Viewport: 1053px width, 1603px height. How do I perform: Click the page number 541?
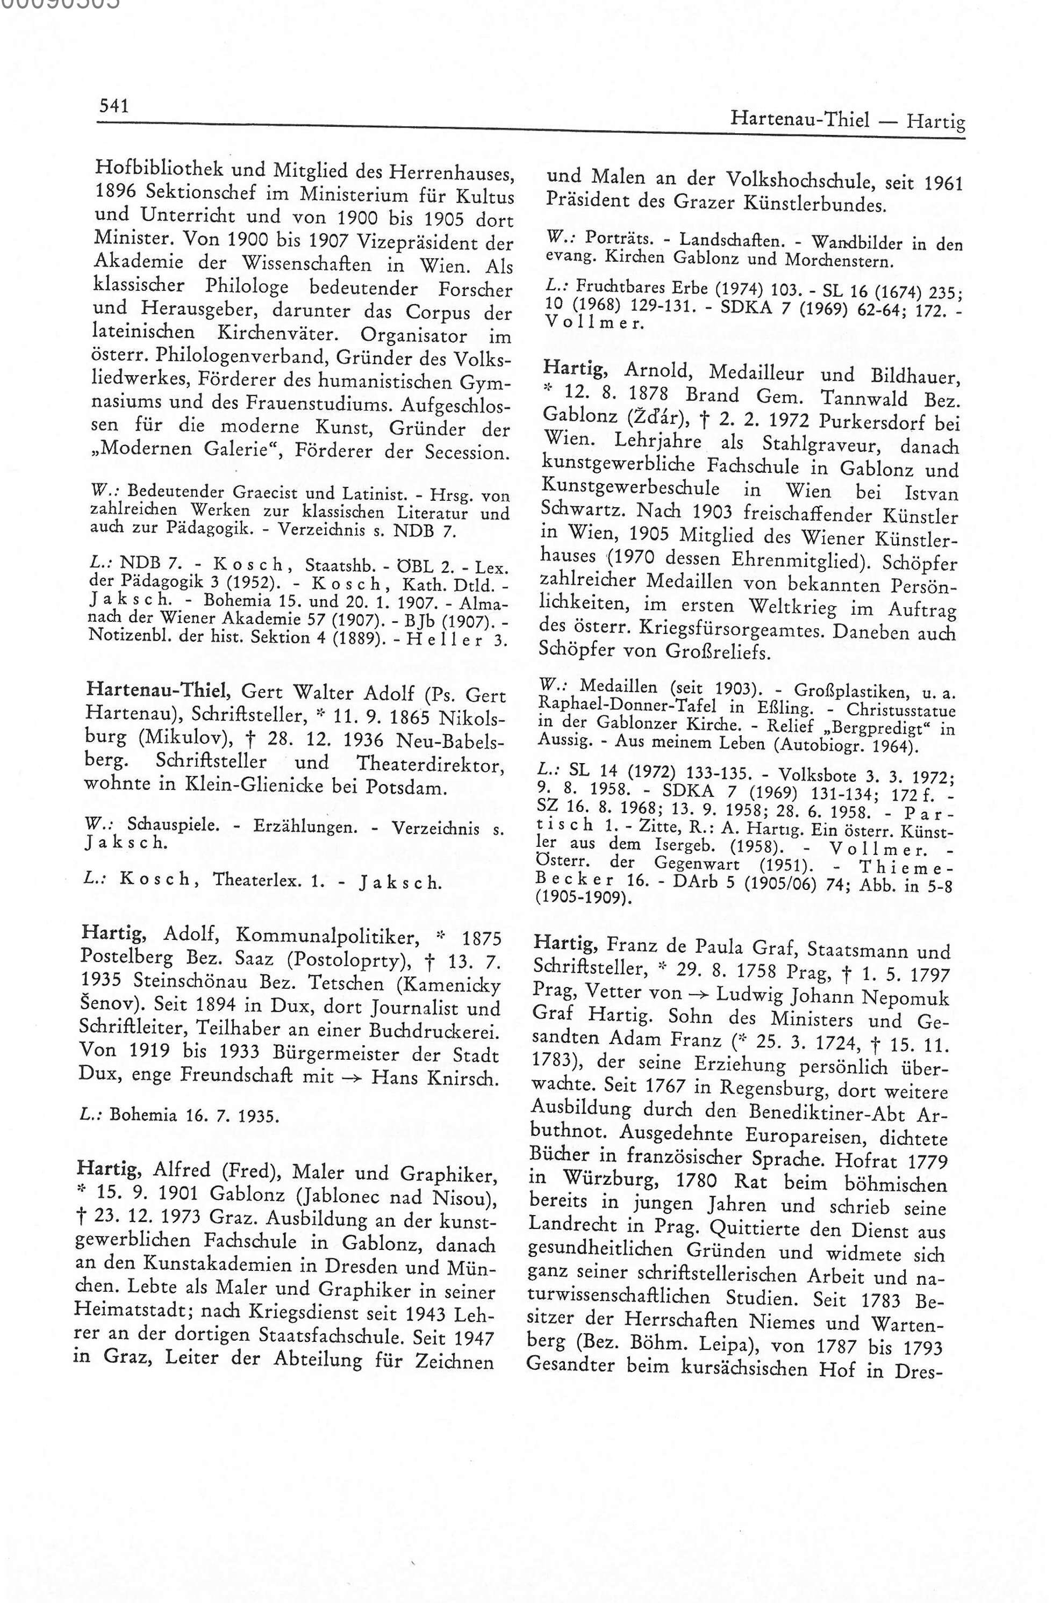(x=114, y=106)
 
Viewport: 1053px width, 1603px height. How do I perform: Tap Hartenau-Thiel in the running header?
(x=800, y=120)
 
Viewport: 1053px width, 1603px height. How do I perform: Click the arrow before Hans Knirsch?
(x=351, y=1077)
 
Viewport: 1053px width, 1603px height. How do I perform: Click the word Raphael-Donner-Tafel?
(x=614, y=709)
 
